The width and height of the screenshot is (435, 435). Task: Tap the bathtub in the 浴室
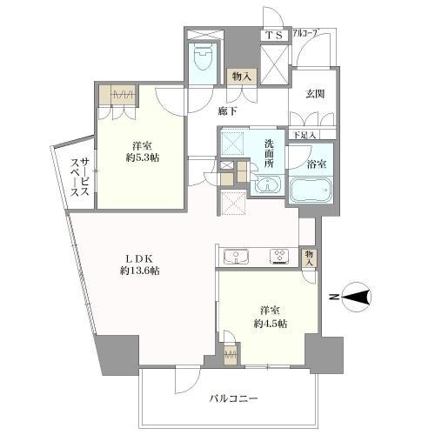pos(311,190)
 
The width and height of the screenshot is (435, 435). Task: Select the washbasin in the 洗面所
pos(268,184)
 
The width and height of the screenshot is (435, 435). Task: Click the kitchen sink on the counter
pos(236,257)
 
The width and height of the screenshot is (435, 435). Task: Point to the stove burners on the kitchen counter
pos(279,257)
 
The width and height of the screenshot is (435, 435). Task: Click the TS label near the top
pos(274,36)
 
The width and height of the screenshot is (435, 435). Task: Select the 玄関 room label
pos(315,94)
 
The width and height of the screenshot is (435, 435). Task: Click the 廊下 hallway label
pos(228,111)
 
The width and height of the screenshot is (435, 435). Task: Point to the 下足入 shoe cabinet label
pos(304,135)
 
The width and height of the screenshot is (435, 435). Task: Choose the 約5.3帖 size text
pos(142,157)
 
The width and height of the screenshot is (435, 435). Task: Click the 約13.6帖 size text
pos(140,271)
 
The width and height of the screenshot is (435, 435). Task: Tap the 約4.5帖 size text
pos(271,324)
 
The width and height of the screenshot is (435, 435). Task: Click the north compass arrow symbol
pos(357,297)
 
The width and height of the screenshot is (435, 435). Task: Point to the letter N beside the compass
pos(335,297)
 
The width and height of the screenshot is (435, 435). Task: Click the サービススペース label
pos(80,177)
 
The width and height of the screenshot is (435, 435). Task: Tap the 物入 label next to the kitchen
pos(309,258)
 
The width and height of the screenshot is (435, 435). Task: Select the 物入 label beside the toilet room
pos(241,77)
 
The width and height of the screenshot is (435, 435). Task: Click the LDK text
pos(140,258)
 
